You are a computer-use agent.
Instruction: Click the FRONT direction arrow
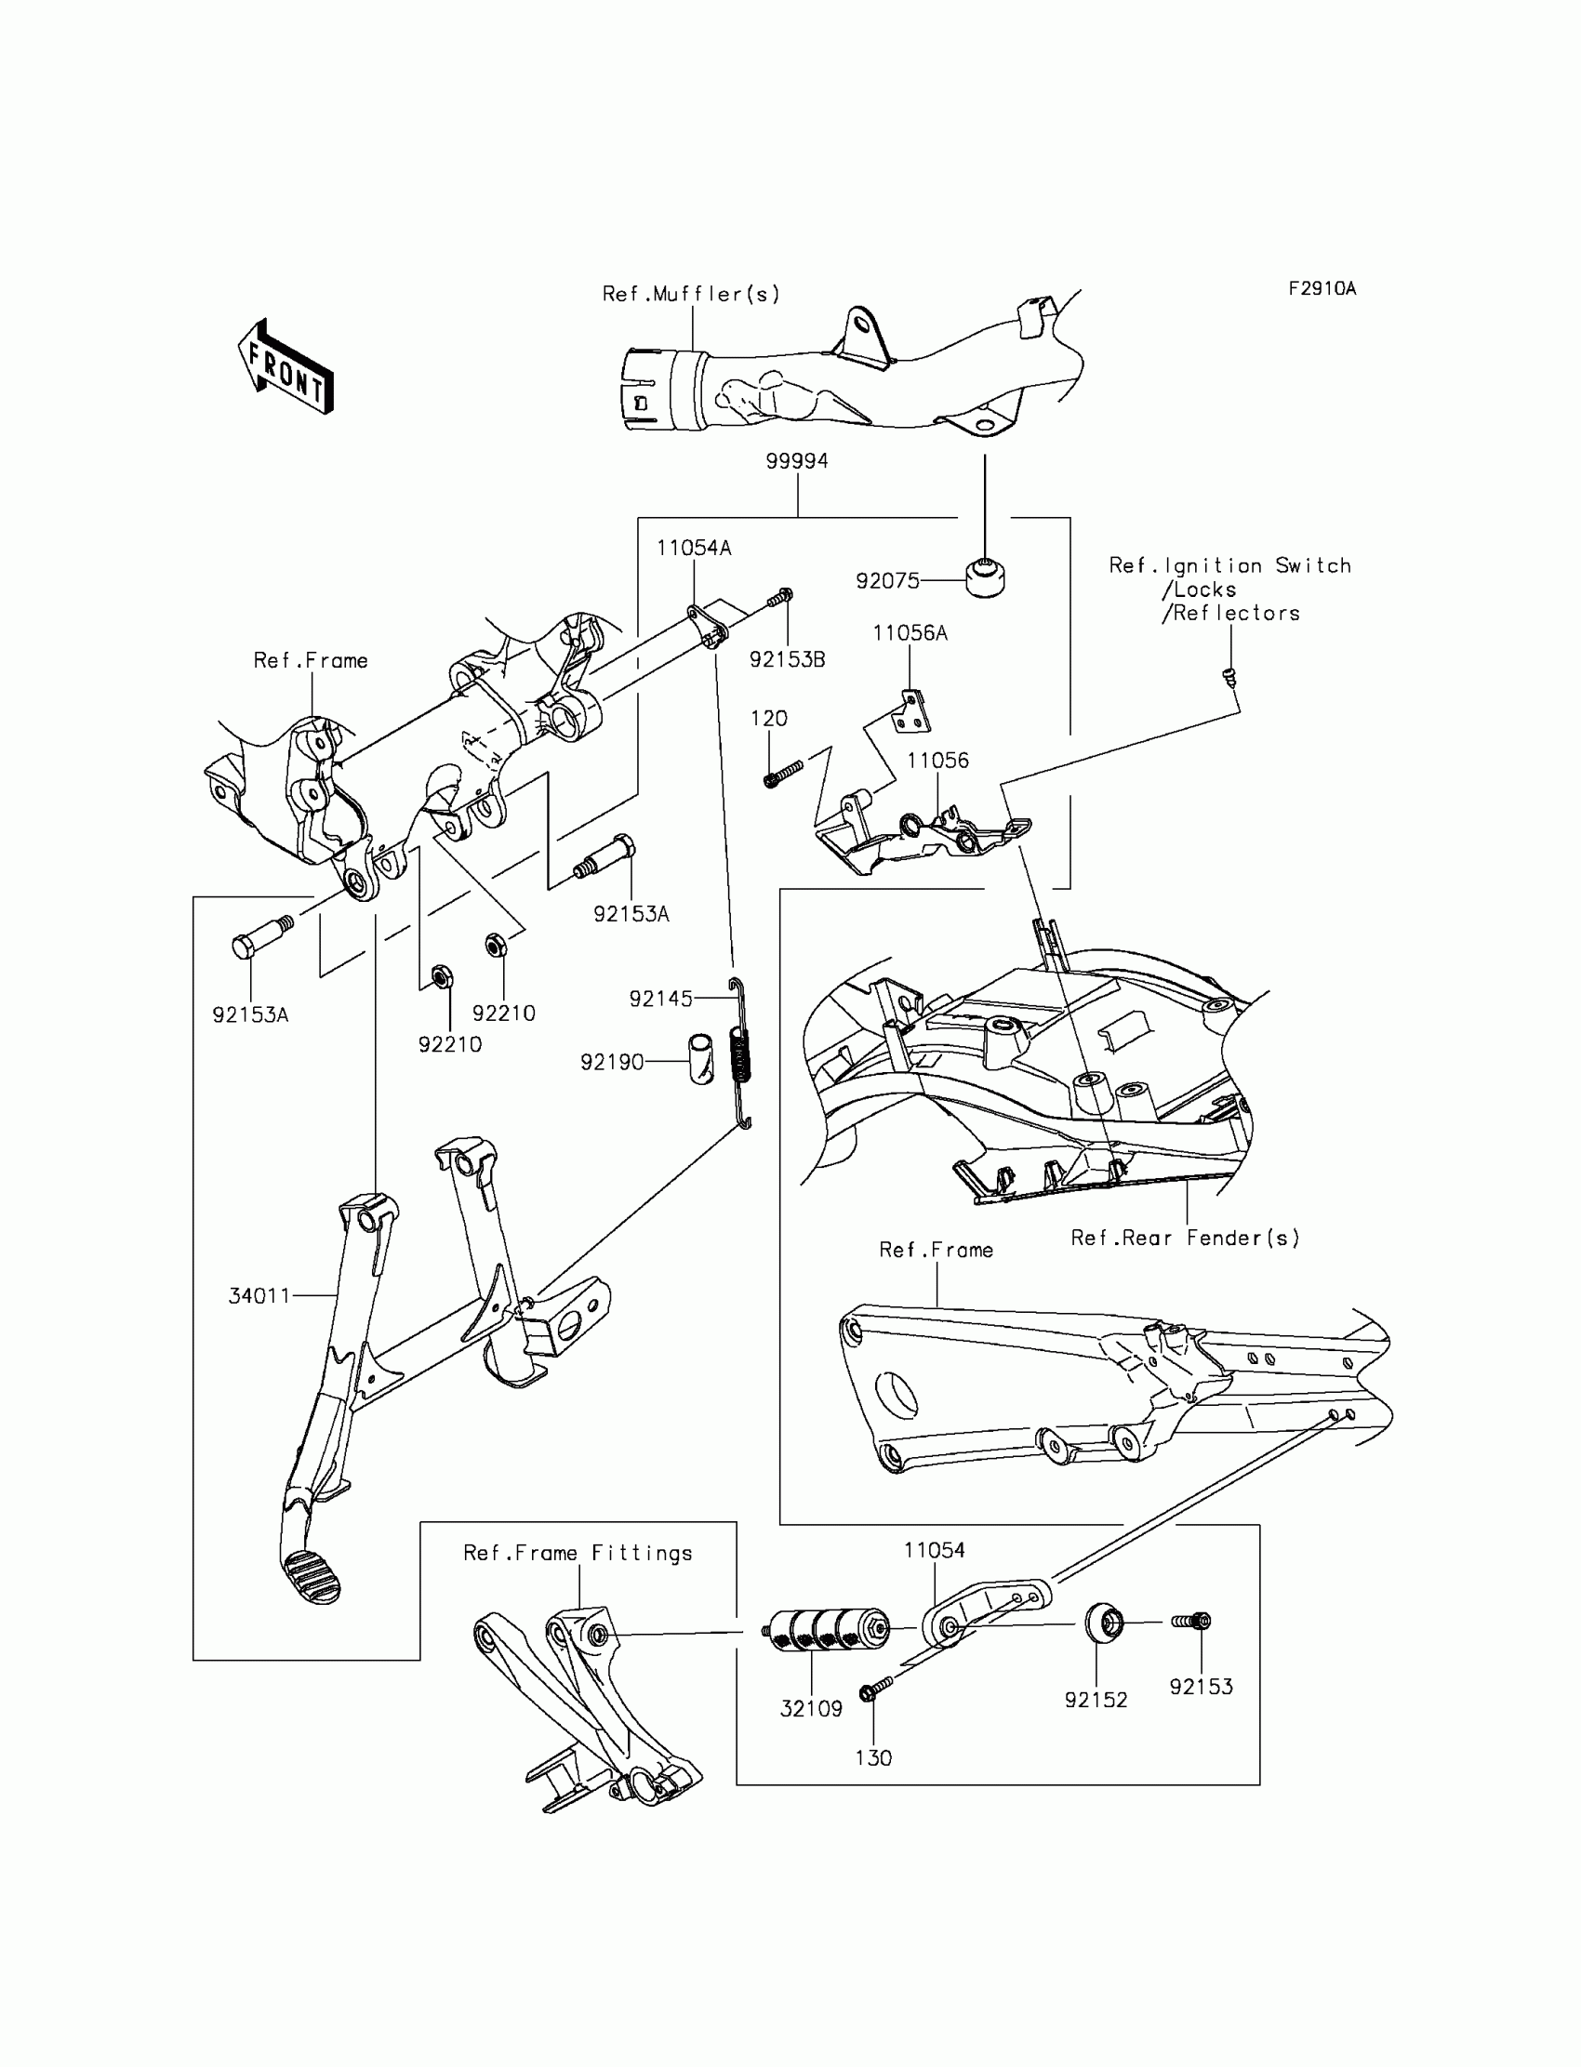click(x=286, y=367)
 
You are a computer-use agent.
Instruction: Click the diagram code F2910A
click(x=1322, y=289)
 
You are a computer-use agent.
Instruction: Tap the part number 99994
click(x=796, y=461)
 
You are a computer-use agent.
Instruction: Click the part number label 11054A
click(x=694, y=548)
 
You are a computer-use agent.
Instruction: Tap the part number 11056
click(x=937, y=761)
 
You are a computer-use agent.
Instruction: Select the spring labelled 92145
click(x=742, y=1054)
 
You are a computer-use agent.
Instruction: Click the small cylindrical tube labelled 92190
click(x=701, y=1058)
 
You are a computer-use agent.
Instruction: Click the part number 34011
click(x=259, y=1295)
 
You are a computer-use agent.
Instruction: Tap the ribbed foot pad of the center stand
click(x=311, y=1575)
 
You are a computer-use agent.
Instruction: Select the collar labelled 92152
click(x=1103, y=1623)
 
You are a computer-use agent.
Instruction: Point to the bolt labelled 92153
click(x=1192, y=1621)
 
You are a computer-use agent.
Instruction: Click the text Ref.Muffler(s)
click(x=691, y=295)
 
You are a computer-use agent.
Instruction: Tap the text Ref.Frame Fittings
click(x=578, y=1553)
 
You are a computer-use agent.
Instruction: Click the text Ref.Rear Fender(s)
click(x=1185, y=1239)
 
